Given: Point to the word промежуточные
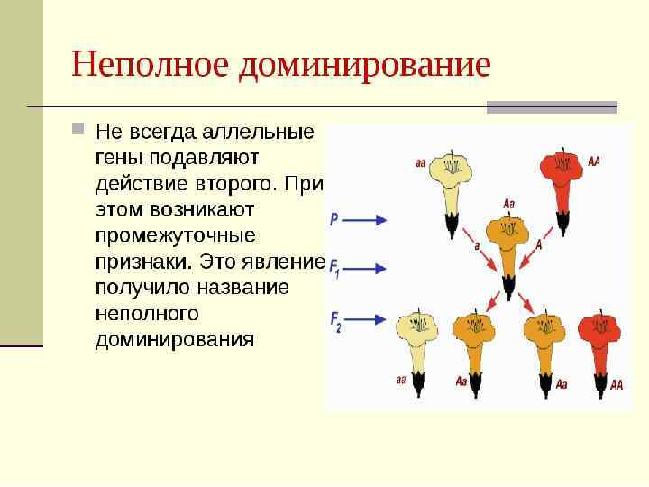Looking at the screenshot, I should pos(176,235).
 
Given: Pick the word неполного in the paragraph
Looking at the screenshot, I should pos(147,314).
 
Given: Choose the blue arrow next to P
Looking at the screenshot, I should pos(364,219).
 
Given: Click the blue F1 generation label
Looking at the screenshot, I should pos(334,268).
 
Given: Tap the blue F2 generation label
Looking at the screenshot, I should pos(335,319).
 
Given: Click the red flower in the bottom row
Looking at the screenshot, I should pos(597,337).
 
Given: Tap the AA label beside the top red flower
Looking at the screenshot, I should pos(593,161).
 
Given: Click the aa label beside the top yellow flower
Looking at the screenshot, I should pos(420,163).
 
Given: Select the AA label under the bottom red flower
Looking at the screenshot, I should pos(617,384).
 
